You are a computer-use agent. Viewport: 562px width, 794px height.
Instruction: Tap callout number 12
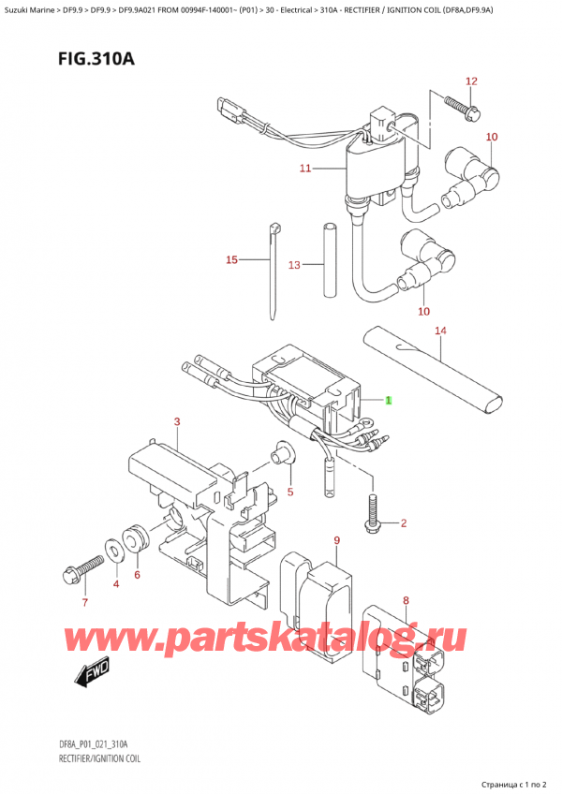pyautogui.click(x=470, y=81)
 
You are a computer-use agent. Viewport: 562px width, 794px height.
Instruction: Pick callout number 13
pyautogui.click(x=294, y=266)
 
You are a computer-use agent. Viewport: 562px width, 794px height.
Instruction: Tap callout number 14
pyautogui.click(x=440, y=331)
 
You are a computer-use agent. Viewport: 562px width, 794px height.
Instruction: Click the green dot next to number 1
pyautogui.click(x=391, y=400)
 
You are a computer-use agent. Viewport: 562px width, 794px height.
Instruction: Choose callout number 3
pyautogui.click(x=177, y=423)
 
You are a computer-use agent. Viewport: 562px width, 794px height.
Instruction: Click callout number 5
pyautogui.click(x=290, y=492)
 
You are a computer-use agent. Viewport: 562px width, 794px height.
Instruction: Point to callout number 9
pyautogui.click(x=335, y=540)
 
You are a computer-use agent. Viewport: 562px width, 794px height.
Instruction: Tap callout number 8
pyautogui.click(x=406, y=601)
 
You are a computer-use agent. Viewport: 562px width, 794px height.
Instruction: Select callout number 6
pyautogui.click(x=137, y=575)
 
